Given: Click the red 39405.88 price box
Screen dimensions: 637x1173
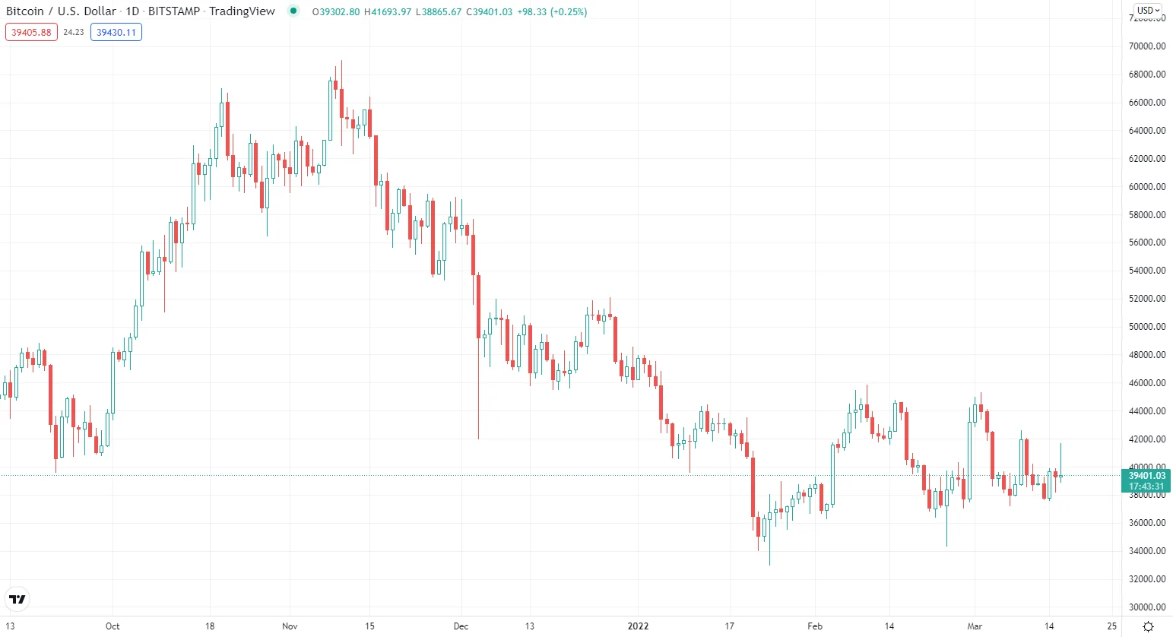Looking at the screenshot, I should click(x=31, y=33).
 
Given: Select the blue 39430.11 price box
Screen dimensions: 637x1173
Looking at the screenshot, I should click(x=116, y=33).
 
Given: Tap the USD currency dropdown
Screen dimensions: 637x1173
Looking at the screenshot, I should click(x=1148, y=11).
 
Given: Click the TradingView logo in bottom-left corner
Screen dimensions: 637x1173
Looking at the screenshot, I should click(x=17, y=599).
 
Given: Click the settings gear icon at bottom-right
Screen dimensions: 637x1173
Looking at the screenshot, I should click(x=1148, y=626).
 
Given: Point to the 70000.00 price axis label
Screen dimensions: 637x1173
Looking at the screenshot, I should click(x=1147, y=46).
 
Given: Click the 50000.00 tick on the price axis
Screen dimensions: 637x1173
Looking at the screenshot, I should click(x=1147, y=327).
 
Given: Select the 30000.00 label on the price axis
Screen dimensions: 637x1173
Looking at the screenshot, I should click(x=1147, y=607).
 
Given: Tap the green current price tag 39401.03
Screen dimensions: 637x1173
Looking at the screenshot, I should click(x=1146, y=476).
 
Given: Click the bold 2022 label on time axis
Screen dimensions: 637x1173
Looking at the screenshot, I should click(x=638, y=626).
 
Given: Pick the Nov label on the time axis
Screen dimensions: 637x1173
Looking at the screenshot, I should click(x=290, y=626).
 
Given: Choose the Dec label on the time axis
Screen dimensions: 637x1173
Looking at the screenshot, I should click(x=461, y=626).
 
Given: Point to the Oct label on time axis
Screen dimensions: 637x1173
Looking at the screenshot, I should click(x=113, y=626).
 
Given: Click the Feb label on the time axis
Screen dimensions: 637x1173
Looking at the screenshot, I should click(x=815, y=626).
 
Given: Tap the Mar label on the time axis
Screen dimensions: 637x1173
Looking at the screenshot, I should click(x=975, y=626).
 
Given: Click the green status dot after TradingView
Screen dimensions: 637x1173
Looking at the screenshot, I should click(x=293, y=11).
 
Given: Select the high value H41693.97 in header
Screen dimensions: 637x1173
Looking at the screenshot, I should click(x=388, y=12).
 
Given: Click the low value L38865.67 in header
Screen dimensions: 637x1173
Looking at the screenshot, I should click(x=439, y=12).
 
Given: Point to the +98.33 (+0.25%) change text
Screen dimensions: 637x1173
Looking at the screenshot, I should click(x=552, y=12).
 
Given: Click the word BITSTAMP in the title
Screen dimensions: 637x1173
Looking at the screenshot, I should click(x=174, y=11).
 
